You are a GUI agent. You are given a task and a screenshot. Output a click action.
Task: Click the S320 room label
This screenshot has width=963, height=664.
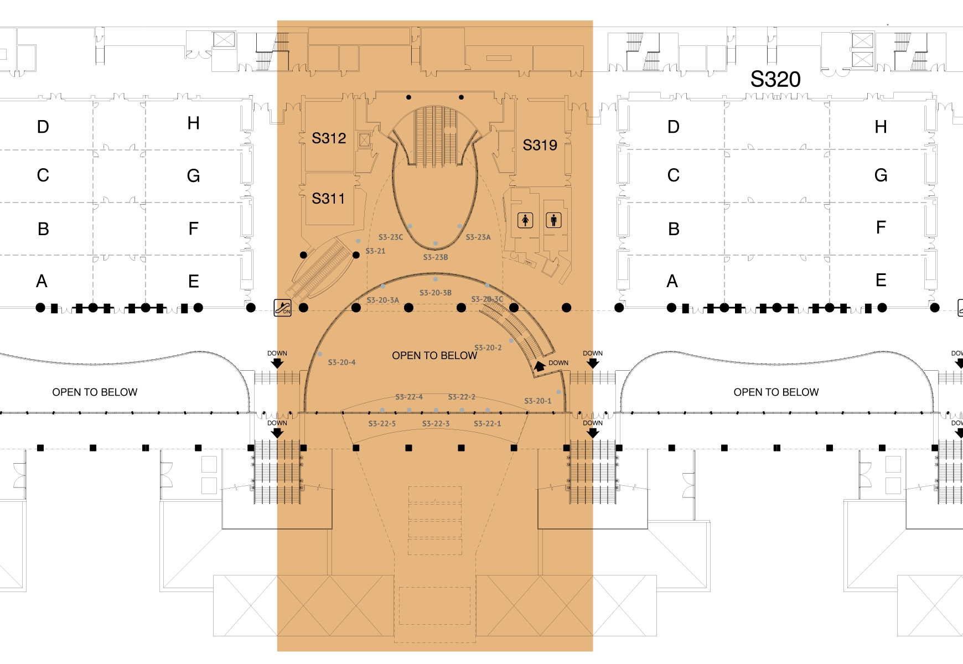tap(775, 80)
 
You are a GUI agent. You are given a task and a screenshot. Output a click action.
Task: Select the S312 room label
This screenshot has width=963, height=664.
tap(329, 138)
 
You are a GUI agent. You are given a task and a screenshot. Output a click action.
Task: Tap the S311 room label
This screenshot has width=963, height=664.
tap(328, 199)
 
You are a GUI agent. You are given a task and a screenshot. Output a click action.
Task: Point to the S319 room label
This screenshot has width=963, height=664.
tap(540, 146)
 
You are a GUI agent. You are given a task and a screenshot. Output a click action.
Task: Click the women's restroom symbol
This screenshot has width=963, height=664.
tap(525, 220)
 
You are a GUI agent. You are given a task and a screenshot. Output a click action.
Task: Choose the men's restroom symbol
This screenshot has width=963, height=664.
tap(553, 220)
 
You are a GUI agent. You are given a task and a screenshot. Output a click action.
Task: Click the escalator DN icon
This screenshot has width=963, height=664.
tap(283, 308)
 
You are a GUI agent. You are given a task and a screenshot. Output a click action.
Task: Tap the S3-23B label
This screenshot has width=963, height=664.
tap(436, 257)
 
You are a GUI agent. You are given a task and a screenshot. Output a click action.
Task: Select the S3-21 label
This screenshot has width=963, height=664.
tap(375, 251)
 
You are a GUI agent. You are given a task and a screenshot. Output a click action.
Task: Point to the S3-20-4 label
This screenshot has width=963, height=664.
tap(341, 362)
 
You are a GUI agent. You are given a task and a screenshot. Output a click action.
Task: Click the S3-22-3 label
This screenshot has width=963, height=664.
tap(436, 424)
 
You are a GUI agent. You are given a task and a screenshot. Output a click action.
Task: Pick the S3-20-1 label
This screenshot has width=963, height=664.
tap(537, 401)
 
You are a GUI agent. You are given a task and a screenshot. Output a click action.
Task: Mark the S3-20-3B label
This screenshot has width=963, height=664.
tap(435, 293)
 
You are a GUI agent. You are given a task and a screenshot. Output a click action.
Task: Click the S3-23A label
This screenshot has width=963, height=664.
tap(478, 237)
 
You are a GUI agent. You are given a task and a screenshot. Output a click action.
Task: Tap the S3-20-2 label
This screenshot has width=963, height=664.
tap(488, 348)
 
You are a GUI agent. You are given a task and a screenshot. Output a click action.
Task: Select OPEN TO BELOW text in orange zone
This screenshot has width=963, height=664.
tap(434, 356)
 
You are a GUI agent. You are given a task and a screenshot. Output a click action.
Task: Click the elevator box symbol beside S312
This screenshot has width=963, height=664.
tap(364, 140)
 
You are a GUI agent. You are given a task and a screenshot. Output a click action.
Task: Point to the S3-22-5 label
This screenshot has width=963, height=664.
tap(382, 424)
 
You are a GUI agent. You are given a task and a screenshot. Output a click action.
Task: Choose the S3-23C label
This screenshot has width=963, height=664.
tap(391, 237)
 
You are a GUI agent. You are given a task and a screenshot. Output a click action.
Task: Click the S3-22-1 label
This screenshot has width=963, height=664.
tap(487, 424)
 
